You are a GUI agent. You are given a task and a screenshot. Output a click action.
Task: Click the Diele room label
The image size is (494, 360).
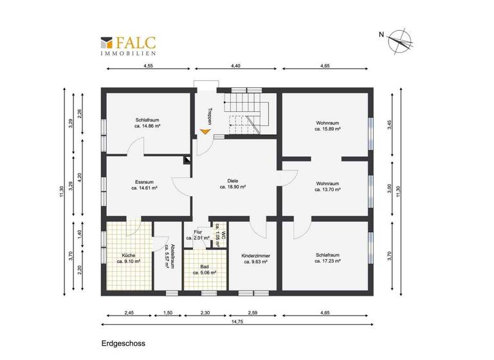[x=233, y=181]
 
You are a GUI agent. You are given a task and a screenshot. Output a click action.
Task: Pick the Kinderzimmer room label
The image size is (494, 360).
[x=255, y=256]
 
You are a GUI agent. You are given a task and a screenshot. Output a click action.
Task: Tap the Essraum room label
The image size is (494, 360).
[x=144, y=182]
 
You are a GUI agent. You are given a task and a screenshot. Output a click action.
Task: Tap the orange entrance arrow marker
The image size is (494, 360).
[x=205, y=132]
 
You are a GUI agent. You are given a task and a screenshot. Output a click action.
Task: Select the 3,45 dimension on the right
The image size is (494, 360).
[x=389, y=125]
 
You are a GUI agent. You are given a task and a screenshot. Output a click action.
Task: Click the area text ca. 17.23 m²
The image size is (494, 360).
[x=327, y=262]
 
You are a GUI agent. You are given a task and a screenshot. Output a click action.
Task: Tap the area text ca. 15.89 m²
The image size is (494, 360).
[x=327, y=129]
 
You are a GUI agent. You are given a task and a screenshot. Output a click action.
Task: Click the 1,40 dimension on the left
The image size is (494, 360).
[x=80, y=235]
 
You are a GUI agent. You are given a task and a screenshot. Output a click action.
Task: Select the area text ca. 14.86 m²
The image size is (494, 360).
[x=147, y=127]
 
